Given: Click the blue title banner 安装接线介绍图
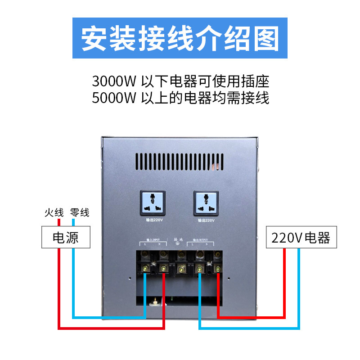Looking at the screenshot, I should coord(180,38).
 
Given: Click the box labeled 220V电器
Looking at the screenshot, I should coord(301,238).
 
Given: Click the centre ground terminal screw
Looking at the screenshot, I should coord(181,269).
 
